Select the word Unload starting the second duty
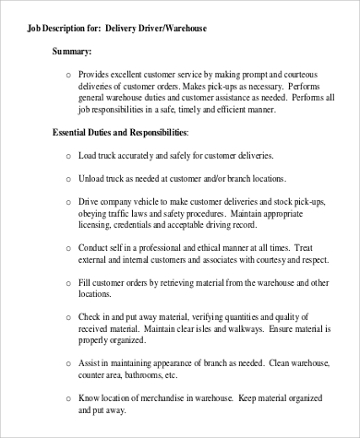point(96,178)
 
